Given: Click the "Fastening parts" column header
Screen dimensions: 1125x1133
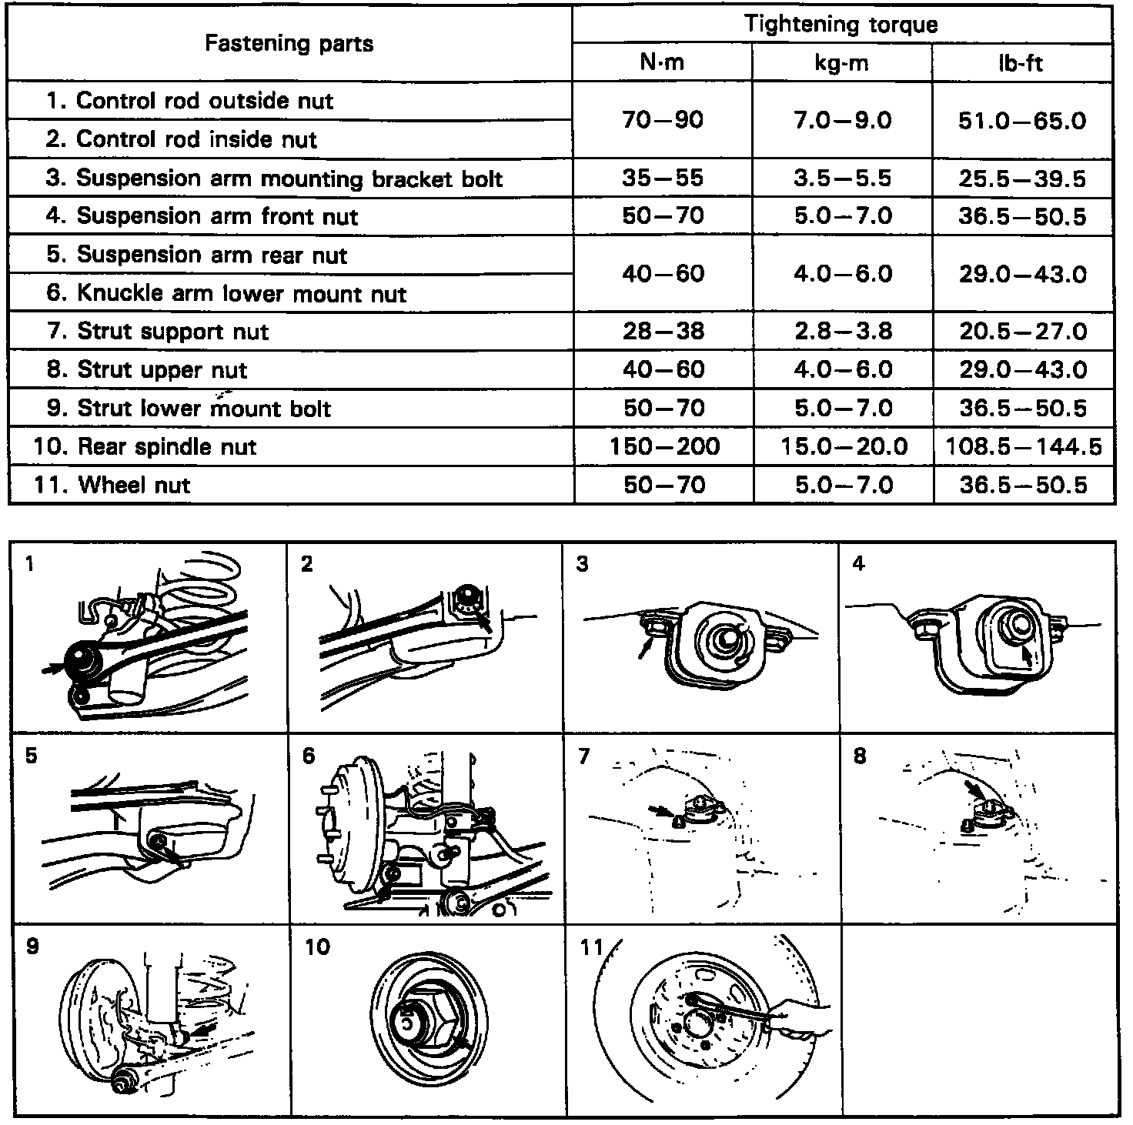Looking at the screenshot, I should pyautogui.click(x=289, y=43).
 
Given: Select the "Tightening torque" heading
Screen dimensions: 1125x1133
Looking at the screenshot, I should pyautogui.click(x=841, y=25).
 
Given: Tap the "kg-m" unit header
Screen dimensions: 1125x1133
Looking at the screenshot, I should pyautogui.click(x=841, y=62).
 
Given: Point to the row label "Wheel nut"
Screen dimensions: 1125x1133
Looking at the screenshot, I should pyautogui.click(x=134, y=485).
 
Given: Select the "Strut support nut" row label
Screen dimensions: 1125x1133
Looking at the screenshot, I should pyautogui.click(x=172, y=332).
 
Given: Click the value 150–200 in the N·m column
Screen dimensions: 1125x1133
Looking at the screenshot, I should pyautogui.click(x=663, y=446).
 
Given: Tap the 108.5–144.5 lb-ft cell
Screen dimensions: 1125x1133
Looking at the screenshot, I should pyautogui.click(x=1023, y=446).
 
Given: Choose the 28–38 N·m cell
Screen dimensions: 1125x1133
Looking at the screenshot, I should pyautogui.click(x=663, y=332).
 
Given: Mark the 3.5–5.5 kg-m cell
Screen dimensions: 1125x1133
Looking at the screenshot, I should pyautogui.click(x=842, y=179).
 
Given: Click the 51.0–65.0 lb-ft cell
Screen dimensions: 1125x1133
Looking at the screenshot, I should pyautogui.click(x=1022, y=121).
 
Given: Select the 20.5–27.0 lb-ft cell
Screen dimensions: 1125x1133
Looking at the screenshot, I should pyautogui.click(x=1022, y=332).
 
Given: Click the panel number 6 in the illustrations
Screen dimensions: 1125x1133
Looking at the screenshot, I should pyautogui.click(x=309, y=756).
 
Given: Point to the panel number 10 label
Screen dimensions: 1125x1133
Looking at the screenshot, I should pyautogui.click(x=317, y=946).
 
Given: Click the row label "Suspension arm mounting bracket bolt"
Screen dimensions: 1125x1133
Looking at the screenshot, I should pyautogui.click(x=289, y=179).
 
